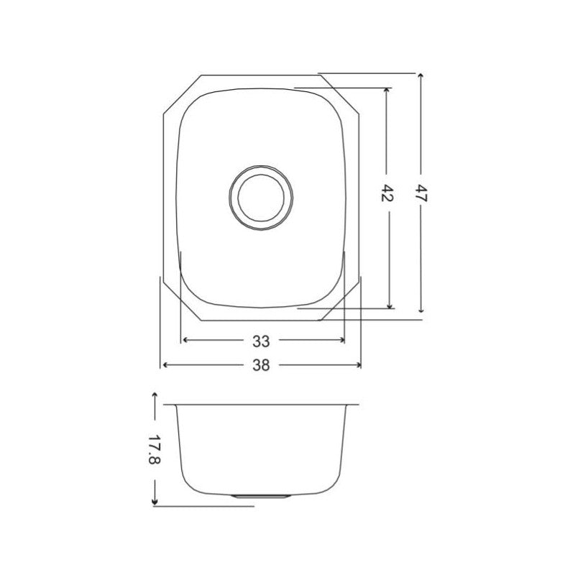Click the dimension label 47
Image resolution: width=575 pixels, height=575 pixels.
tap(421, 193)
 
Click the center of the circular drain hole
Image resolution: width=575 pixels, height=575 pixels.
tap(260, 199)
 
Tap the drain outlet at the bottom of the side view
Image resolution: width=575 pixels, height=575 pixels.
tap(262, 495)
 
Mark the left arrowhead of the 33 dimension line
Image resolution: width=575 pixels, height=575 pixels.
tap(186, 339)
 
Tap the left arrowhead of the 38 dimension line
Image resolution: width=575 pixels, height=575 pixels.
tap(165, 365)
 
